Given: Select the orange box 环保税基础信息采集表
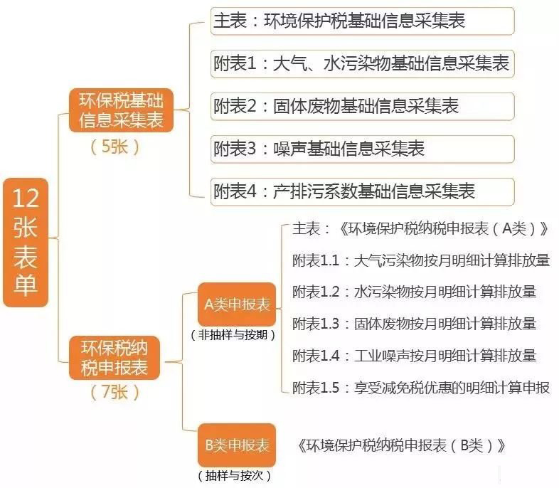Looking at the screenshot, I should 120,110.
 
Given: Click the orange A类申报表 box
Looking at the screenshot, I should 237,305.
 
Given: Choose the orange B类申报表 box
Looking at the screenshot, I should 237,446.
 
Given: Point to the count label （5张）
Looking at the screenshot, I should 115,147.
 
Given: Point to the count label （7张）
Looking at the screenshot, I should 115,392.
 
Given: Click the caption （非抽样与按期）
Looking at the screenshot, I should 233,334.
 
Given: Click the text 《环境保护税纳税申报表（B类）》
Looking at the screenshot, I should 403,446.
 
